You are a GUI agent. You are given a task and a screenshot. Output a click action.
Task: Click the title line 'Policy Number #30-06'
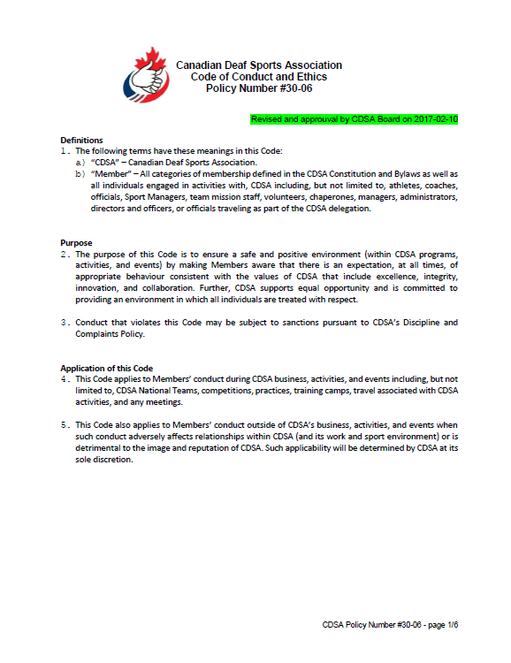click(x=258, y=88)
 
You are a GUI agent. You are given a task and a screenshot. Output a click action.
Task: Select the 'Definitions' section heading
click(x=81, y=141)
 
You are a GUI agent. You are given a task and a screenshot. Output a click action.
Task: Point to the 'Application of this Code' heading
click(x=106, y=368)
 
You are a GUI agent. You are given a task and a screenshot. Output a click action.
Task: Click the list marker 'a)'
click(x=80, y=163)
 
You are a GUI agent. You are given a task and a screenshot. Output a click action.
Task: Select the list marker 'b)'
click(x=80, y=174)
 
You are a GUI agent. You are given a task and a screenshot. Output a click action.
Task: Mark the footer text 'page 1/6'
click(x=441, y=625)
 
